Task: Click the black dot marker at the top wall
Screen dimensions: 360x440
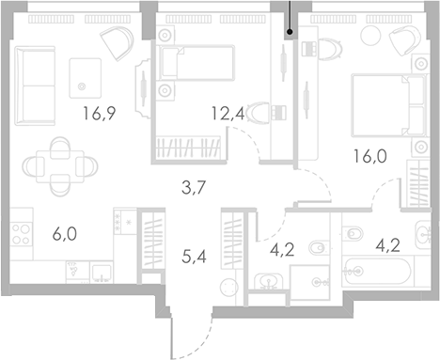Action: coord(290,33)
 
